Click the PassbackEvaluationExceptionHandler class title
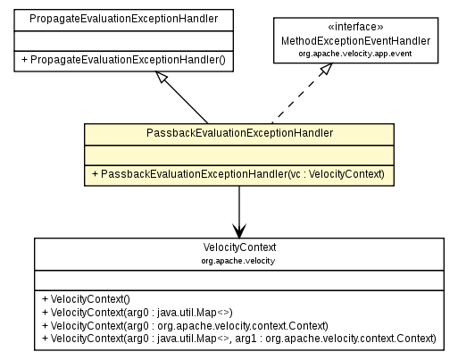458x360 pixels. [x=239, y=132]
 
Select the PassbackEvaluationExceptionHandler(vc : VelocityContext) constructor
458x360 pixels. [x=239, y=173]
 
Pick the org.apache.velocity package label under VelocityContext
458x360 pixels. [x=238, y=261]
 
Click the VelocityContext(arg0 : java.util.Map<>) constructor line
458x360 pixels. [x=125, y=311]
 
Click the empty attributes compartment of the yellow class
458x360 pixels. [x=239, y=154]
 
